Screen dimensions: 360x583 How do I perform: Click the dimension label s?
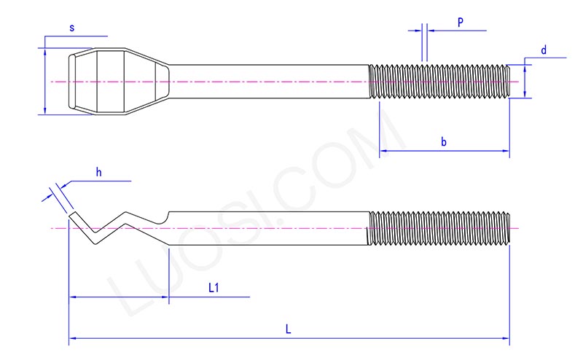click(71, 28)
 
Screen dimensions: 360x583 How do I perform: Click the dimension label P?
click(460, 23)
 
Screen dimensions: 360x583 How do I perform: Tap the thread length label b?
click(443, 141)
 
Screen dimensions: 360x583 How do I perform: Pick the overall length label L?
click(289, 329)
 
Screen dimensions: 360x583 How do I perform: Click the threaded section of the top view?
click(439, 81)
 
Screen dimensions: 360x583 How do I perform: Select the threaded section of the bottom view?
click(439, 228)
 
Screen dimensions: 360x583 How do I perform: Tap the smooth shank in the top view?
click(270, 81)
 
